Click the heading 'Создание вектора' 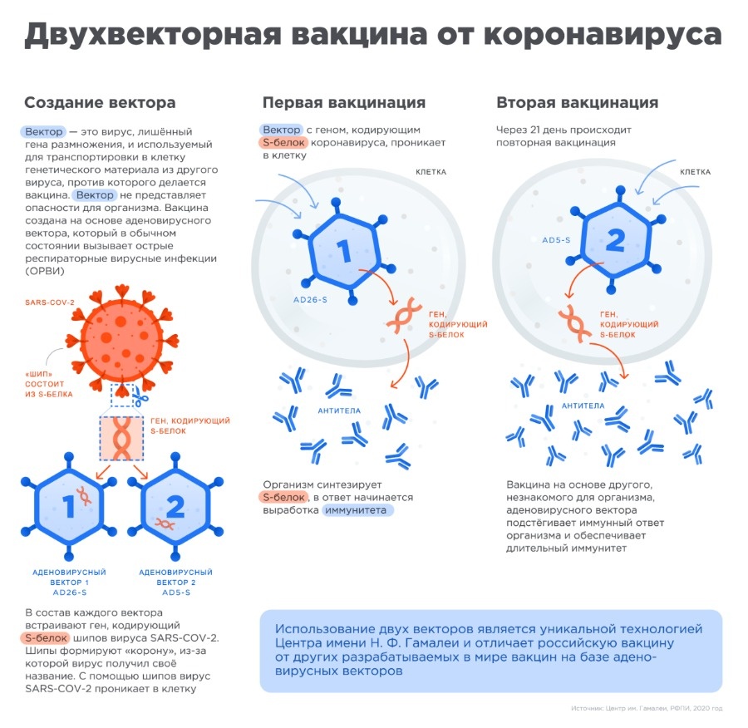[x=100, y=102]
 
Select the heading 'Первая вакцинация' [x=344, y=102]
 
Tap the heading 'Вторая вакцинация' [x=578, y=102]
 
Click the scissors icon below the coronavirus [x=140, y=397]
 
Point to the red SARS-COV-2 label [x=50, y=303]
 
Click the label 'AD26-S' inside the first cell [x=310, y=300]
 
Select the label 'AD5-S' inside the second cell [x=556, y=240]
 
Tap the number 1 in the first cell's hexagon [x=344, y=251]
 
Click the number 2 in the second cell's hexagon [x=615, y=240]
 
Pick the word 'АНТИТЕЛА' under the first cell [x=339, y=411]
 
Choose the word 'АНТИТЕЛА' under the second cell [x=583, y=406]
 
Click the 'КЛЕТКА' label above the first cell [x=431, y=172]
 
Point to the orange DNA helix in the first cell [x=404, y=315]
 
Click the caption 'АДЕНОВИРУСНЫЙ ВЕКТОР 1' [x=69, y=578]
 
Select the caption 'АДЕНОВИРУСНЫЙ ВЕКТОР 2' [x=175, y=578]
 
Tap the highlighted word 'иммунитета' [x=356, y=510]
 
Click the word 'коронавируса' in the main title [x=603, y=34]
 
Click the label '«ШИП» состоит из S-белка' [x=49, y=384]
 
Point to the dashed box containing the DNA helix [x=121, y=438]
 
